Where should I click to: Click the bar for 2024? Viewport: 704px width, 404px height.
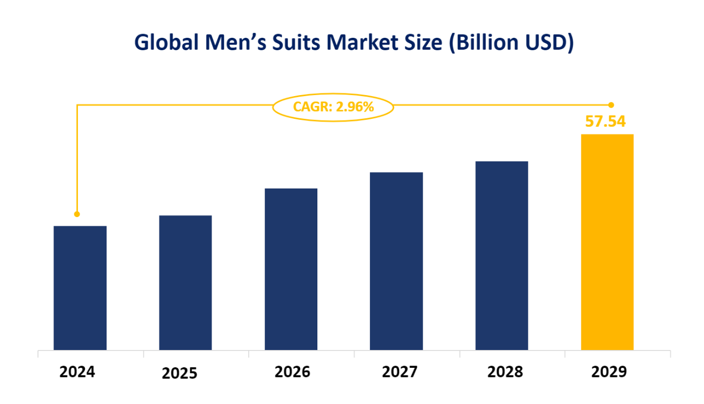(80, 288)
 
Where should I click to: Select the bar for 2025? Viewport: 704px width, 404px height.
(185, 282)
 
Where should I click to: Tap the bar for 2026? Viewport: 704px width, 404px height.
(291, 269)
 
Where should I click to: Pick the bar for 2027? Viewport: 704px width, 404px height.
(396, 261)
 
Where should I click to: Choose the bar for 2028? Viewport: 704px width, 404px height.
(502, 255)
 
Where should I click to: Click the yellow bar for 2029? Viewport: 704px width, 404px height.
(607, 242)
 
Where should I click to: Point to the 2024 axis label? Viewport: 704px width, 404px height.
(77, 372)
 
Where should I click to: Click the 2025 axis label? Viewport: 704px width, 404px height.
(180, 374)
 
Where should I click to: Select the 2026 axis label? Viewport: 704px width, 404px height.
(293, 372)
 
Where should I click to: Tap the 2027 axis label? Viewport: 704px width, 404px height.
(400, 372)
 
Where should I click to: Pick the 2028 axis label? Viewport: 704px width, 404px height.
(505, 372)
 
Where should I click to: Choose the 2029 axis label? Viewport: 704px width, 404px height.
(609, 372)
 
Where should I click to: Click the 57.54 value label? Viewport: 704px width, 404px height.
(606, 121)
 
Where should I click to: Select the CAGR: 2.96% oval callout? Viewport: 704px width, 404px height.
(333, 107)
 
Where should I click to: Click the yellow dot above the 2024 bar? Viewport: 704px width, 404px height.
(77, 214)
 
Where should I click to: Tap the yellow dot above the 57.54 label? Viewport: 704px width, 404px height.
(611, 105)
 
